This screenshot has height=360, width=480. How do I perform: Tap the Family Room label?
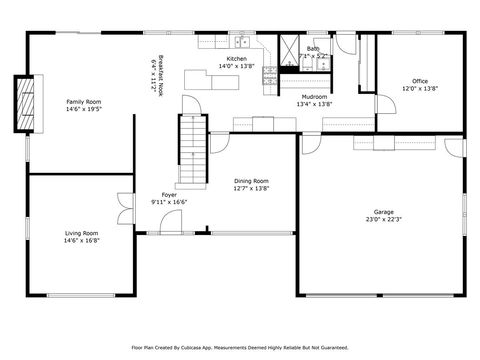(83, 101)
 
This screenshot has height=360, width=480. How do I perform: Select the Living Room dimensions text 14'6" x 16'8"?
(82, 240)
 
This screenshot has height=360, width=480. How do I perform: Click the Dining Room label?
(251, 181)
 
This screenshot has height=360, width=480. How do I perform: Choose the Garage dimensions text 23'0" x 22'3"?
(382, 220)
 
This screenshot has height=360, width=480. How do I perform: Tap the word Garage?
(382, 212)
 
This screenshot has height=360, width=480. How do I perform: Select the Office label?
(420, 81)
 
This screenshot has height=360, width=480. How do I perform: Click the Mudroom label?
(314, 96)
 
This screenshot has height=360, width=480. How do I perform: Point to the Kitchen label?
(236, 59)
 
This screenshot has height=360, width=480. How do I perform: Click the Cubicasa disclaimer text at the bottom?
(240, 348)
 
